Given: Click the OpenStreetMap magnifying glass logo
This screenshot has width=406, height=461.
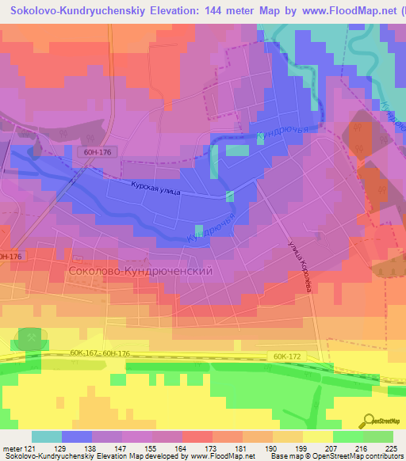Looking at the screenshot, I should tap(369, 421).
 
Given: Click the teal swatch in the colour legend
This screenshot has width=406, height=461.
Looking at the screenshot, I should tap(47, 436).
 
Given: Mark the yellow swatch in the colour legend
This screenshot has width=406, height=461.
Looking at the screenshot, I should tap(318, 436).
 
